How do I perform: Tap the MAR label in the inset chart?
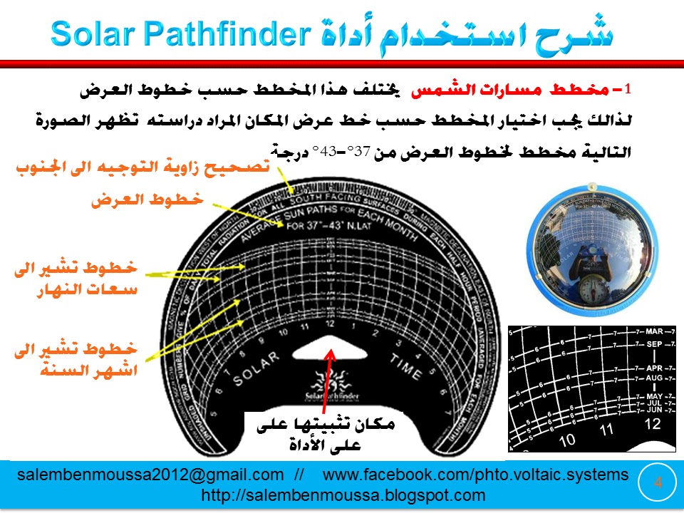click(x=655, y=331)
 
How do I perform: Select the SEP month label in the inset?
click(x=655, y=344)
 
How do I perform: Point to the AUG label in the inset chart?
click(x=654, y=378)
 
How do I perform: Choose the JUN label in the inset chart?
click(x=654, y=410)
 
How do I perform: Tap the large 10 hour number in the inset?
click(x=567, y=440)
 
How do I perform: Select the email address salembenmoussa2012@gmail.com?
click(x=150, y=475)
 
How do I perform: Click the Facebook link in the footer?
click(x=476, y=475)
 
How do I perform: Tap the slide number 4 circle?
click(x=658, y=482)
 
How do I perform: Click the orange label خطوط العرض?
click(x=147, y=201)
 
